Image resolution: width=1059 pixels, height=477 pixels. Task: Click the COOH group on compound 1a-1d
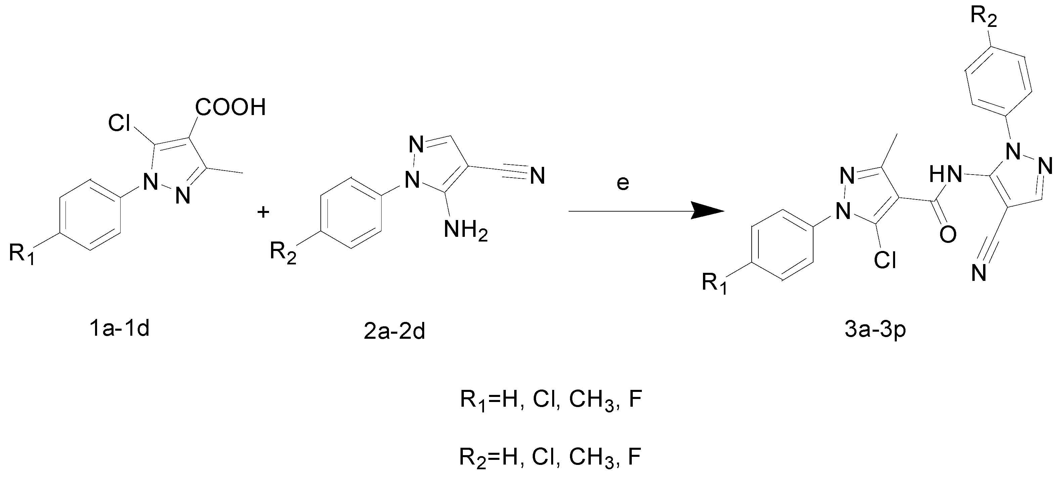[x=230, y=107]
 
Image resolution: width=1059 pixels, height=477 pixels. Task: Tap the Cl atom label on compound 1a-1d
[x=119, y=123]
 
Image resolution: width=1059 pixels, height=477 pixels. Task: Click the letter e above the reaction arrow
[x=623, y=183]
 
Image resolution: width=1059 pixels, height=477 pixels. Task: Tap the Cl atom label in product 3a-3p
[x=885, y=260]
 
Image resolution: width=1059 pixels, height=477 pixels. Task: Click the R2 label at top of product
[x=983, y=17]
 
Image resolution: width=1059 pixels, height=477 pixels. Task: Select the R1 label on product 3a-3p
[x=714, y=284]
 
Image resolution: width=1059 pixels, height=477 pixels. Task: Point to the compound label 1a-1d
[x=119, y=329]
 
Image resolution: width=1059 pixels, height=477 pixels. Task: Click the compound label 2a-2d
[x=394, y=332]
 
